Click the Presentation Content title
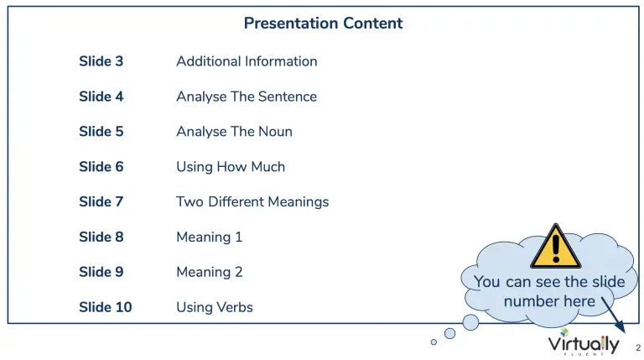(x=323, y=23)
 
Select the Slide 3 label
(x=101, y=61)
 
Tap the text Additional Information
(x=247, y=61)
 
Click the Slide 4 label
(x=101, y=97)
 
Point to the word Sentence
(x=288, y=97)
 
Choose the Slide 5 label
(x=101, y=132)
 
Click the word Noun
(x=275, y=132)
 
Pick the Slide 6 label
(x=101, y=167)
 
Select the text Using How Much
(x=231, y=167)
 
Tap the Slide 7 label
(x=101, y=201)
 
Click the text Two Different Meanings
(x=252, y=202)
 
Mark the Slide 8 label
(x=101, y=237)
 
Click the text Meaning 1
(x=209, y=237)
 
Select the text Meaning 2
(x=209, y=273)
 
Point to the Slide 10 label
(x=105, y=307)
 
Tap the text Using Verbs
(x=215, y=308)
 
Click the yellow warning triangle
(x=556, y=247)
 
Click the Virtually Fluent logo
(x=584, y=342)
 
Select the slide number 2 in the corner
(x=638, y=347)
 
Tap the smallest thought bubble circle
(x=434, y=342)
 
